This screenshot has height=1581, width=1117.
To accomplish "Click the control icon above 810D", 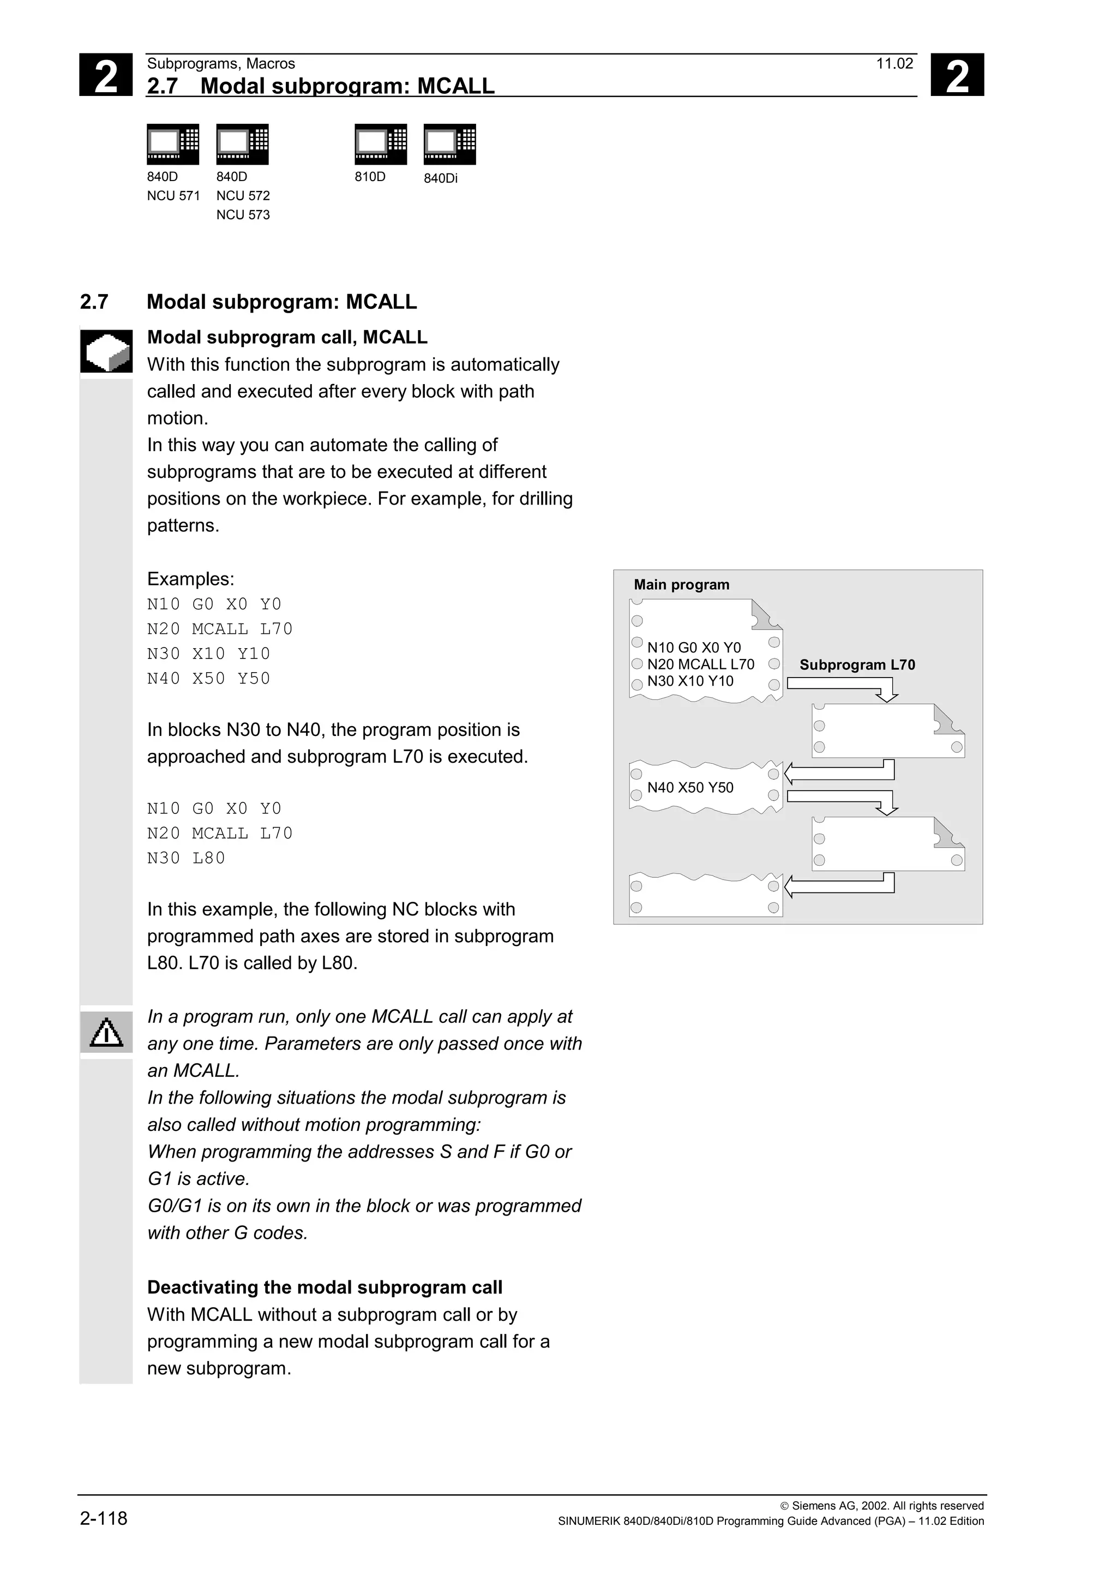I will pyautogui.click(x=381, y=144).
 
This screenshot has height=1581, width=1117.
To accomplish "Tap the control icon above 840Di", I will pyautogui.click(x=449, y=144).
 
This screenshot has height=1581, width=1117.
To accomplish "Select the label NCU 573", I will pyautogui.click(x=243, y=215).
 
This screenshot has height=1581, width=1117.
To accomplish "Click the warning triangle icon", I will pyautogui.click(x=106, y=1033).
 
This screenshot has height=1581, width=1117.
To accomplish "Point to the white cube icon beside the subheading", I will pyautogui.click(x=106, y=351).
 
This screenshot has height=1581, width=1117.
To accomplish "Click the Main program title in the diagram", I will pyautogui.click(x=681, y=585).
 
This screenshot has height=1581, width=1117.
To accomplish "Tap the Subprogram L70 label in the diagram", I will pyautogui.click(x=857, y=664).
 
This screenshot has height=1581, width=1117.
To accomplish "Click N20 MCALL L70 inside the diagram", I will pyautogui.click(x=701, y=664).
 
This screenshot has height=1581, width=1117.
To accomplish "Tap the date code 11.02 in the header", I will pyautogui.click(x=894, y=64).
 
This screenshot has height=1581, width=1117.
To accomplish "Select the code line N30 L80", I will pyautogui.click(x=186, y=858).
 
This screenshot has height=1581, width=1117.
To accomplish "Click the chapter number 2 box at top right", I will pyautogui.click(x=957, y=75).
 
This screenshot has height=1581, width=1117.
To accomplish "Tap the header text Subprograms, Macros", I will pyautogui.click(x=221, y=64).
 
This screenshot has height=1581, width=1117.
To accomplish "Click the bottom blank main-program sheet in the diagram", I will pyautogui.click(x=705, y=896).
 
